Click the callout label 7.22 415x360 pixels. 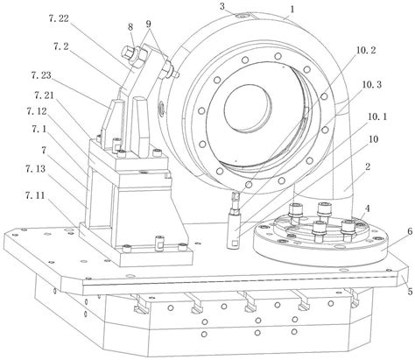(x=59, y=18)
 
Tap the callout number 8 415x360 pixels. (x=130, y=27)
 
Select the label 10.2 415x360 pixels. (x=365, y=50)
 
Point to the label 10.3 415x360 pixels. (x=371, y=85)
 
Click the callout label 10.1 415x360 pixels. (x=376, y=116)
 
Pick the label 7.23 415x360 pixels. (x=41, y=75)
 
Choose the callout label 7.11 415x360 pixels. (x=35, y=195)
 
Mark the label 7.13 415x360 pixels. (x=35, y=168)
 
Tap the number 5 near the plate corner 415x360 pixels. (x=410, y=291)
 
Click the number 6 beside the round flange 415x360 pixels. (x=410, y=232)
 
